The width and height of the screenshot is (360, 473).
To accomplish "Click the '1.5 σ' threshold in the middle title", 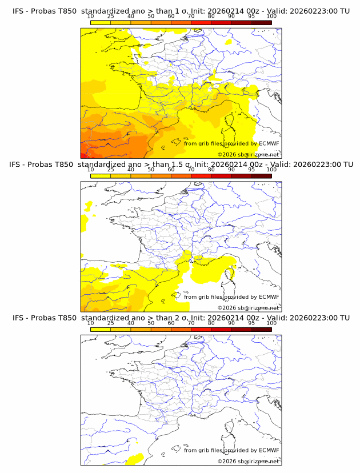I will [x=182, y=165].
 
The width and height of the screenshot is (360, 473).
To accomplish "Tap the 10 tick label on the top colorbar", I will [x=90, y=17].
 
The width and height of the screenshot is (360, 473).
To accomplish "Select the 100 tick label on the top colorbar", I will [x=271, y=17].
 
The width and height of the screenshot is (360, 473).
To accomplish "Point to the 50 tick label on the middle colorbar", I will [x=151, y=170].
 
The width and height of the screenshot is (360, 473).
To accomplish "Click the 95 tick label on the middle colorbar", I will [x=251, y=170].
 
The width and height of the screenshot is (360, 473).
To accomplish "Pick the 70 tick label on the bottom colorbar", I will [x=191, y=323].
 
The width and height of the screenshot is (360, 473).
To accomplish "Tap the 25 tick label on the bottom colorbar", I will [x=110, y=323].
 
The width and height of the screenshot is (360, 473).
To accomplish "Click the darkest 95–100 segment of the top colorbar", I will [x=261, y=22].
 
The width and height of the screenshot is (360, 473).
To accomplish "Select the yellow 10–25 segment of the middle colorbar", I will [x=101, y=175].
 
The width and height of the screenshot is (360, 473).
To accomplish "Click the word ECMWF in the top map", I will [x=269, y=143].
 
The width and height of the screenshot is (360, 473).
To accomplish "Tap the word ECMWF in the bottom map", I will [x=269, y=450].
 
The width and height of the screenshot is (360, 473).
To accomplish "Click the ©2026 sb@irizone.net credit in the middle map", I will [x=248, y=307].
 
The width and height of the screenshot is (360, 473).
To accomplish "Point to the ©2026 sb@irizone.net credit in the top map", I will [x=248, y=154].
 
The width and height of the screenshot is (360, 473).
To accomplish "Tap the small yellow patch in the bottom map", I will [x=135, y=458].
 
